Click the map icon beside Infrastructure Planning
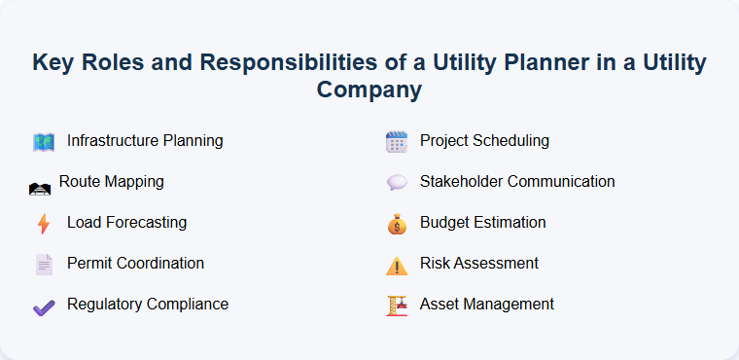[x=43, y=142]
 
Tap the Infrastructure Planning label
[x=145, y=141]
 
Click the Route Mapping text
[x=111, y=182]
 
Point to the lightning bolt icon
[x=43, y=224]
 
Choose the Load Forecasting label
[x=126, y=223]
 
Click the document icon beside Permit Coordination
[x=43, y=265]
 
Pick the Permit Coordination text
[x=135, y=264]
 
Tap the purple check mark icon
[x=43, y=306]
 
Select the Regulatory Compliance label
[x=148, y=305]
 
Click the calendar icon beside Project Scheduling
[x=396, y=142]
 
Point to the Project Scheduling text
[x=484, y=141]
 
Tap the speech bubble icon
[x=396, y=183]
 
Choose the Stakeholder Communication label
[x=517, y=182]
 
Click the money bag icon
[x=396, y=224]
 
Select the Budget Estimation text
[x=482, y=223]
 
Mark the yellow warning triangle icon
[x=396, y=266]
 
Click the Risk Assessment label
[x=479, y=264]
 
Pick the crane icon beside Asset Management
[x=396, y=306]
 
